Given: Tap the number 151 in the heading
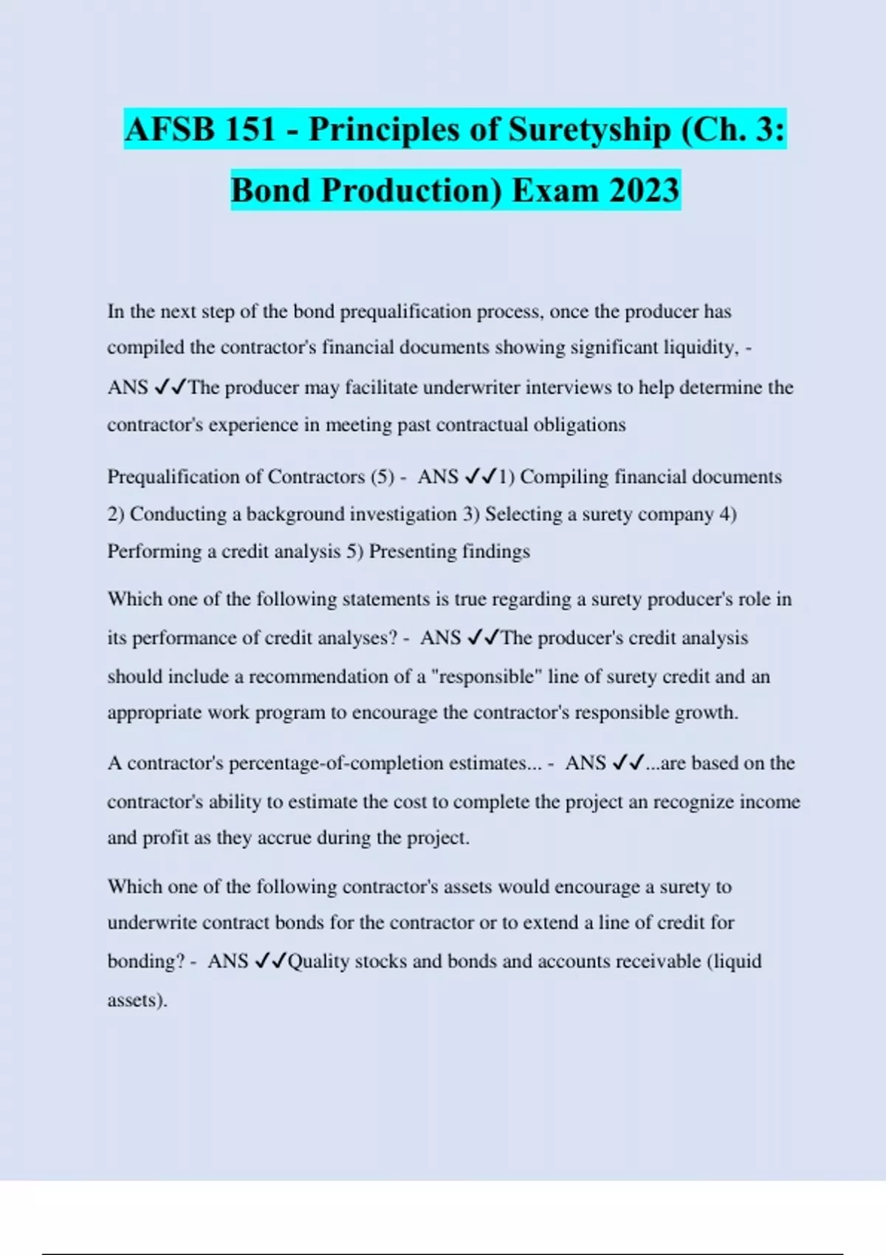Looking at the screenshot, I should (x=250, y=130).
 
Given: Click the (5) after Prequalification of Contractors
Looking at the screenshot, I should (x=382, y=477).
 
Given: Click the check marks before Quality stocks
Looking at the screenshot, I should (x=269, y=961).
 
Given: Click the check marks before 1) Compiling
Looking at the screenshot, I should (x=481, y=477).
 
